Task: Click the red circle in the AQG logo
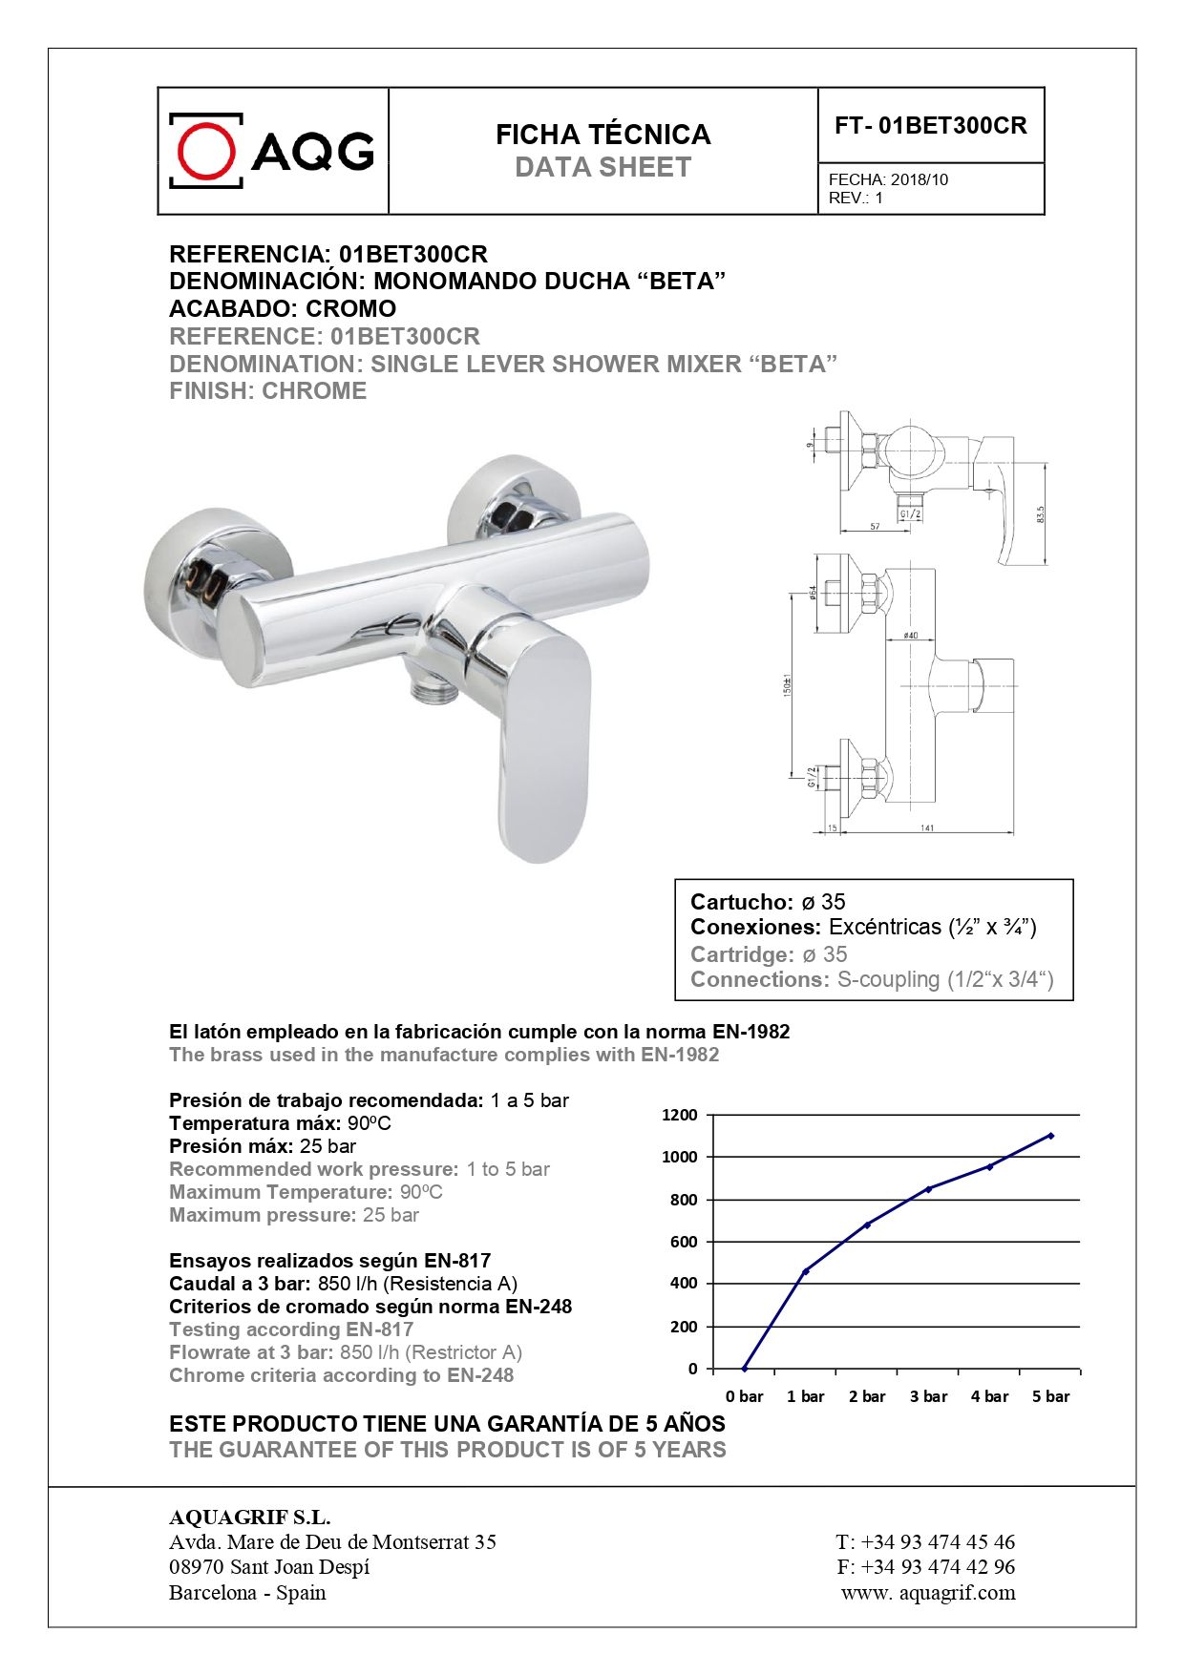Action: (206, 151)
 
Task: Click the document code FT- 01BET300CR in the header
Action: (930, 126)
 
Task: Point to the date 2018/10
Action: (919, 179)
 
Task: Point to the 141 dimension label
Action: (927, 828)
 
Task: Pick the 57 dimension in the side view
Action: (876, 528)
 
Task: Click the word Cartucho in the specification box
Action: (741, 902)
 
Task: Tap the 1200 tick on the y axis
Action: (680, 1115)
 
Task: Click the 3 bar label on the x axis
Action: (928, 1396)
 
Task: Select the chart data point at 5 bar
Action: (1050, 1136)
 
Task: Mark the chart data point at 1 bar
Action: (806, 1271)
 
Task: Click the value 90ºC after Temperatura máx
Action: (369, 1123)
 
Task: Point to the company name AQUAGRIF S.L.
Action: (249, 1518)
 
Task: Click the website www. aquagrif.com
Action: (928, 1592)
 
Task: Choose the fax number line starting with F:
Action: (925, 1566)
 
